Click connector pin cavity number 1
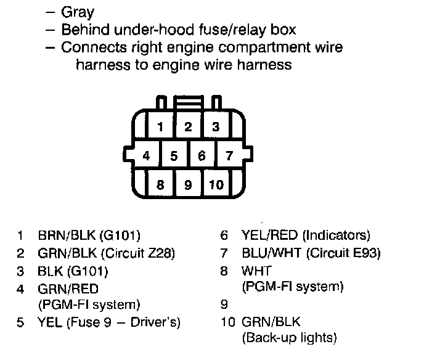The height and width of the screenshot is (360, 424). coord(160,128)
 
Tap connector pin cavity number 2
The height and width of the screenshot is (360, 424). coord(189,128)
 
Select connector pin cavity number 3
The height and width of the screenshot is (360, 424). coord(216,128)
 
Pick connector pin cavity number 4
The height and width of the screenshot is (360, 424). coord(146,155)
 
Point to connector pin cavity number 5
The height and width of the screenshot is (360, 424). coord(174,156)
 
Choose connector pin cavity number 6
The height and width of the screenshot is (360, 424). coord(202,156)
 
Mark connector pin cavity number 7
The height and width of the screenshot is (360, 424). coord(229,155)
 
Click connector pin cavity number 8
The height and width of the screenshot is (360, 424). coord(160,184)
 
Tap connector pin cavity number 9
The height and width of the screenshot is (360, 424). coord(188,184)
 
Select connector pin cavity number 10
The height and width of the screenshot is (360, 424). coord(216,184)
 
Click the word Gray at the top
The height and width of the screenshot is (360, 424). coord(78,12)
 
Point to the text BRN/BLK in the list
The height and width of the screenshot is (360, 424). coord(63,235)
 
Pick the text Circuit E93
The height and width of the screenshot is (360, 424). coord(344,253)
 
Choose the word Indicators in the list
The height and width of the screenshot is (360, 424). coord(337,235)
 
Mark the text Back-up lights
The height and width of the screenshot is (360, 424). coord(290,338)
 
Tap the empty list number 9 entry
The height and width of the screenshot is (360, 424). coord(224,304)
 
